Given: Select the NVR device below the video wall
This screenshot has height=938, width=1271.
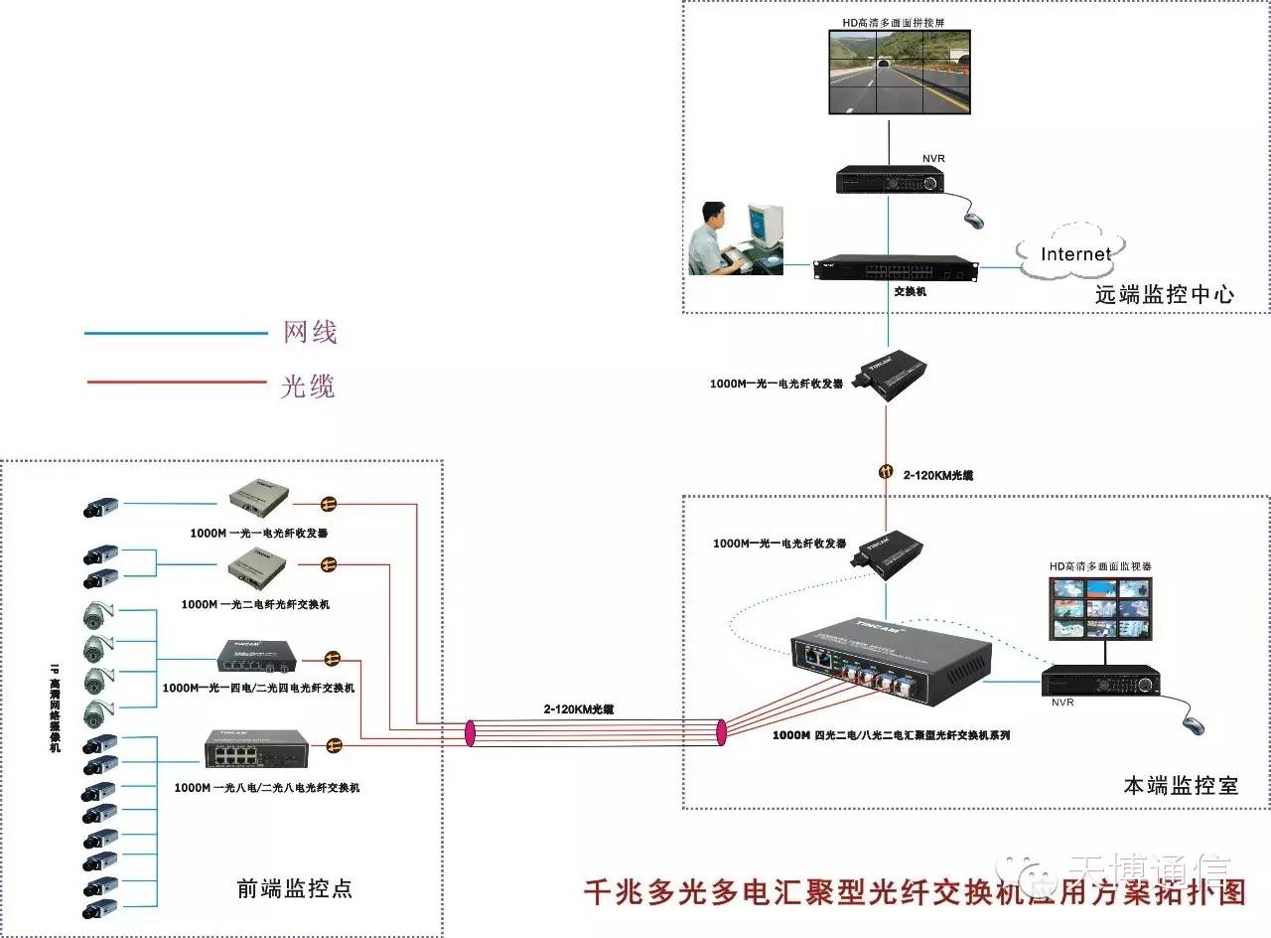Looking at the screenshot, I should tap(889, 180).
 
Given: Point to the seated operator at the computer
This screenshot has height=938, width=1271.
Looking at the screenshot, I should tap(716, 239).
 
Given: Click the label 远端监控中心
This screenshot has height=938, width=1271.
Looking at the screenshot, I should tap(1165, 294).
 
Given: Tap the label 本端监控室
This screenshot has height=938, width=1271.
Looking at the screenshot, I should tap(1181, 785).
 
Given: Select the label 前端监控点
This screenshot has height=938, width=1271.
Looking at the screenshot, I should tap(294, 888).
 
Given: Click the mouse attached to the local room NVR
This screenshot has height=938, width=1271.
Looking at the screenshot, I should tap(1194, 723).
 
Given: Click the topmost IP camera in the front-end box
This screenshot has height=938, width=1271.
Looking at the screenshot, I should tap(100, 507).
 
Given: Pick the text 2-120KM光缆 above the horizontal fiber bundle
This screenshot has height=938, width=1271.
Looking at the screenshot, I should tap(579, 709).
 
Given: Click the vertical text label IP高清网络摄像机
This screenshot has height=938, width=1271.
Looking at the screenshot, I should tap(55, 705).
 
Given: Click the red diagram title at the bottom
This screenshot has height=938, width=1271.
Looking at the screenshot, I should tap(914, 891).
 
